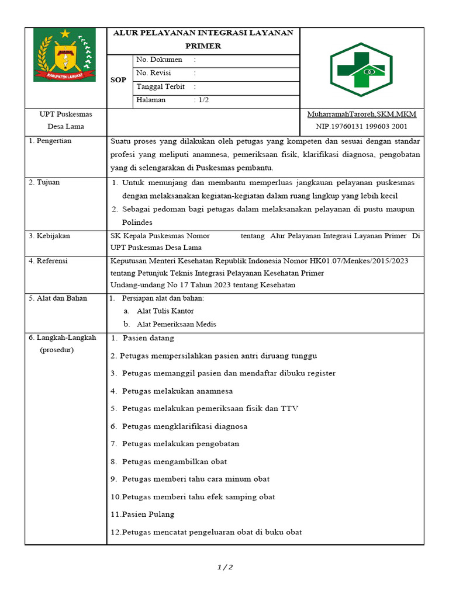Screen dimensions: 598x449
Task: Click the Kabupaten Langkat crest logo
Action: (x=64, y=55)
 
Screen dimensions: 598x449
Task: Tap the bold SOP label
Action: (x=118, y=80)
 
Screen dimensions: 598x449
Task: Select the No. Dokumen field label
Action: (x=159, y=60)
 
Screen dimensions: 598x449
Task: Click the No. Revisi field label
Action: (x=156, y=73)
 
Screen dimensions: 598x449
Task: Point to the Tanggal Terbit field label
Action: (x=161, y=86)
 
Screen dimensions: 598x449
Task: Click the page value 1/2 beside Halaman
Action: (x=202, y=100)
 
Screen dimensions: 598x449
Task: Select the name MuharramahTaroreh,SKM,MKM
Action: (x=361, y=114)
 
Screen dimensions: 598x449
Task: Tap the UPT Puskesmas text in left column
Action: (x=65, y=114)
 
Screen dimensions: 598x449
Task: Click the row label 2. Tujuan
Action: (x=44, y=182)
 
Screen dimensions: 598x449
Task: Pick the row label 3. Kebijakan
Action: (x=50, y=236)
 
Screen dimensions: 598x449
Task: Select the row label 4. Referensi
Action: (x=49, y=261)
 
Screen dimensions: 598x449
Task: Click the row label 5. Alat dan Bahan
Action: (x=58, y=298)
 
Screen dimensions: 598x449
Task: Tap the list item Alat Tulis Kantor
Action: (x=165, y=311)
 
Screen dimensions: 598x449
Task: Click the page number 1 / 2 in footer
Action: (x=224, y=567)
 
